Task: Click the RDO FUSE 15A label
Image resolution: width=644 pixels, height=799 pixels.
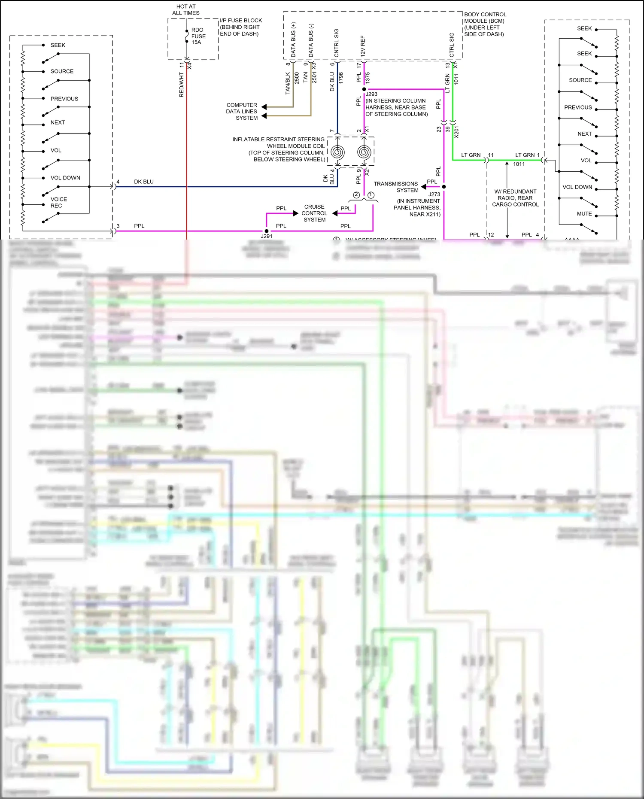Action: point(198,36)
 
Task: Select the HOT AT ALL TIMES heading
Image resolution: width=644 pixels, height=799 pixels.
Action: point(186,10)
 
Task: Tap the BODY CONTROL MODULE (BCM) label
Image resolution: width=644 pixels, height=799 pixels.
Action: point(485,24)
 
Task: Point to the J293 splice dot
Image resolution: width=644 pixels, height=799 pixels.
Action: point(364,89)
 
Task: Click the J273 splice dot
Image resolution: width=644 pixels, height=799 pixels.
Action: point(444,187)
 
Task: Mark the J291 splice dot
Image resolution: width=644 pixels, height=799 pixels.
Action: point(267,231)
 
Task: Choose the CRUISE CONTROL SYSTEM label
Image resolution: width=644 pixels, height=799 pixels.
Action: point(314,213)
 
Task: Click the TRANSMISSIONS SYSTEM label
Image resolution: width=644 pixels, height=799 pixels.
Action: point(395,187)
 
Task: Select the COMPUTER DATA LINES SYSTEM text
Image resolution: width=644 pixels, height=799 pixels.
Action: point(242,111)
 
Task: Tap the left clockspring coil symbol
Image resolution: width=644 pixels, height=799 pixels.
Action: point(337,152)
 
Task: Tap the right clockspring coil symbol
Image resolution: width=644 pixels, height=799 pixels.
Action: point(364,152)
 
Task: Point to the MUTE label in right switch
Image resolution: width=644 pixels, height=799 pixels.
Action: point(584,213)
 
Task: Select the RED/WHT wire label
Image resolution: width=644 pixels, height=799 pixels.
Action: point(181,85)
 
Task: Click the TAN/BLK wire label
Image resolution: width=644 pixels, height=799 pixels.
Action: point(288,83)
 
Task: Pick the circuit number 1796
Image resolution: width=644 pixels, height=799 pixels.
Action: point(341,78)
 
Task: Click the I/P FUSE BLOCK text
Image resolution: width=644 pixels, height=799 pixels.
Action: point(240,27)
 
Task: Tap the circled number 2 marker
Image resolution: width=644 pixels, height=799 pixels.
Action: point(356,195)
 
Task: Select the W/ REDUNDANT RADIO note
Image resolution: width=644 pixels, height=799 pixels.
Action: point(515,198)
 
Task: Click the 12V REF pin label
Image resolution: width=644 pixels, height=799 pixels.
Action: point(363,46)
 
